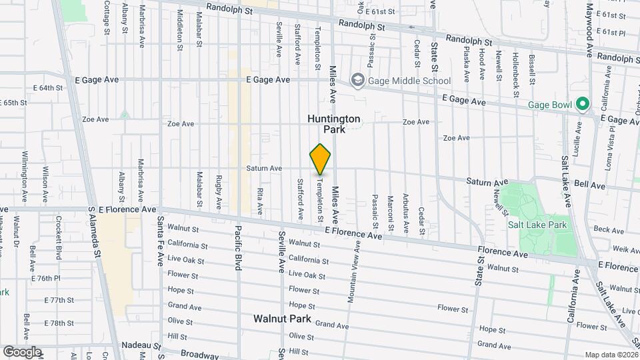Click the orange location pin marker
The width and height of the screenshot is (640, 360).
(320, 159)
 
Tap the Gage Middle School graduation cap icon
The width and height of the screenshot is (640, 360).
(358, 81)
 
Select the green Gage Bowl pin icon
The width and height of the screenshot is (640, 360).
(582, 105)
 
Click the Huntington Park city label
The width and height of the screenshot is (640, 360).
(334, 124)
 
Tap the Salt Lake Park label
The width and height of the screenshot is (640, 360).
(537, 225)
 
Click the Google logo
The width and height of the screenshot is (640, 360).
(22, 351)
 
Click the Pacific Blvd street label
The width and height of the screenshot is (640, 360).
(237, 247)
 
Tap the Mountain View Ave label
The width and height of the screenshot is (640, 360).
(353, 271)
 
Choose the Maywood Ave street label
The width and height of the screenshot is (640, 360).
(589, 32)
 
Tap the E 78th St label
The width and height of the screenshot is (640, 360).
(57, 323)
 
